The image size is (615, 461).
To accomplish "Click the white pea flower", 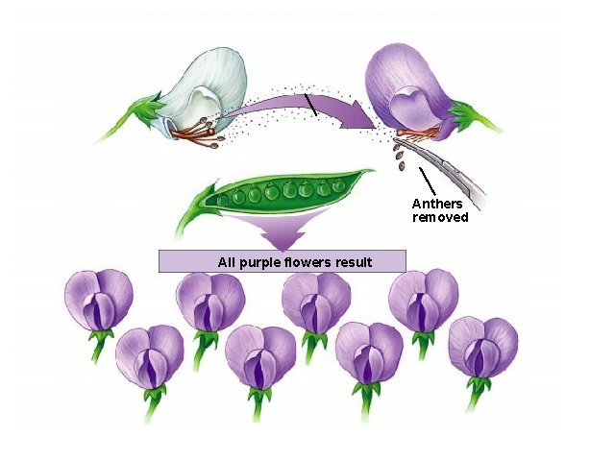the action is tap(202, 96).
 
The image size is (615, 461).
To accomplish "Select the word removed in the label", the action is tap(440, 217).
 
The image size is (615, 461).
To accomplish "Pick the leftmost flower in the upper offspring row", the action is tap(97, 300).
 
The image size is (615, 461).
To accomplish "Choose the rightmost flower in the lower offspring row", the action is tap(482, 348).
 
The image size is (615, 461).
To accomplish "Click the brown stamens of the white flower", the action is tap(197, 134).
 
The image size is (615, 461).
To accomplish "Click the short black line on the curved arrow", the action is tap(309, 104).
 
